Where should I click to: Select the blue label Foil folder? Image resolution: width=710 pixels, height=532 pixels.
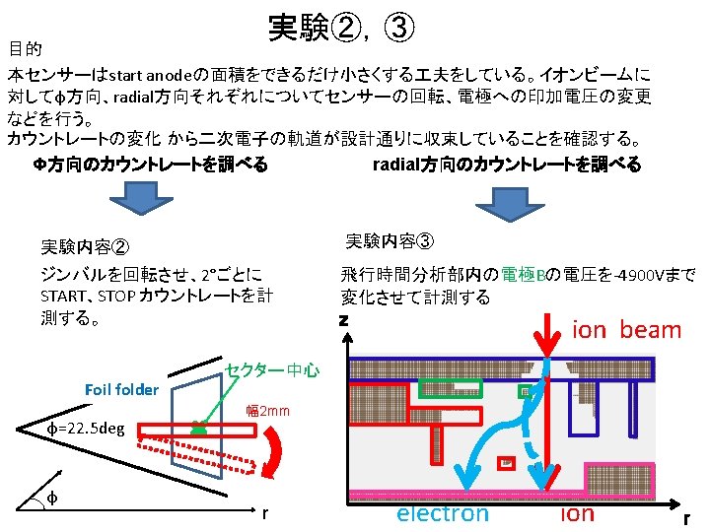pos(121,389)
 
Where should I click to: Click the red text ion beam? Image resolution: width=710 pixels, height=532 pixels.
pos(626,330)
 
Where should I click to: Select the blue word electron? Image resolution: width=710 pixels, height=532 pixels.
pos(442,512)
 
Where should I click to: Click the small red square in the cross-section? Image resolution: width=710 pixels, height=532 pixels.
pos(505,462)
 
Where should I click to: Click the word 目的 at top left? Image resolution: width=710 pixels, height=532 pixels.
pos(24,48)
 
